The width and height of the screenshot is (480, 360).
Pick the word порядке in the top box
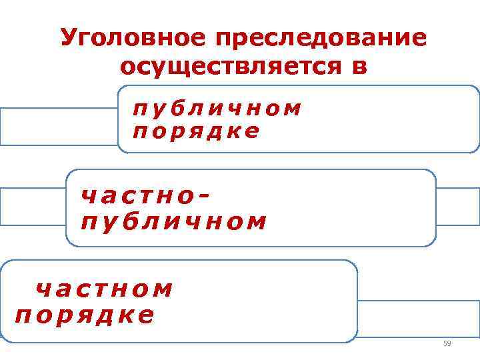point(196,131)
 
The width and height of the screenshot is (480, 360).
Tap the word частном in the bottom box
point(104,289)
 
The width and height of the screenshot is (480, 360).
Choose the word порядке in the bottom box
point(85,314)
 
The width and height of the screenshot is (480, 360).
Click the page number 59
point(447,343)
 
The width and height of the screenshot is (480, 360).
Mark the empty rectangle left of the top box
point(59,126)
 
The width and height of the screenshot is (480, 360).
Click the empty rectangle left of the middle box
point(33,206)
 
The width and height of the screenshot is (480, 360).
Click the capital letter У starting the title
point(67,39)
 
